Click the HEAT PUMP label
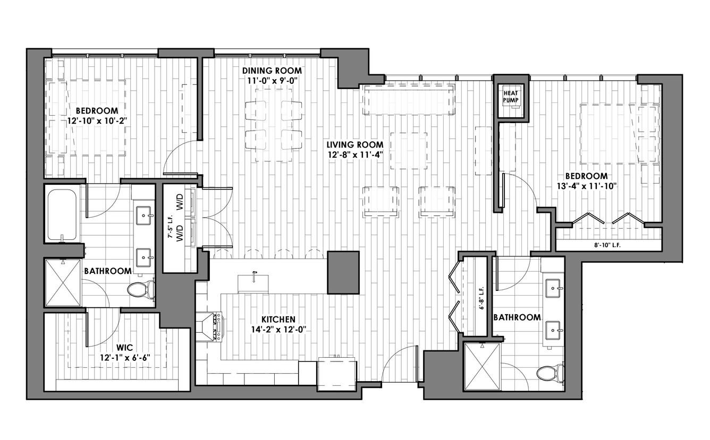click(511, 97)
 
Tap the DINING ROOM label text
click(272, 71)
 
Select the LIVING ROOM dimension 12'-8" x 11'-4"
click(356, 155)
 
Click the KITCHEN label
click(278, 319)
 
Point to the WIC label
click(124, 348)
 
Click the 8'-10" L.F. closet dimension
click(607, 245)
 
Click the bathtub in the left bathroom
click(62, 214)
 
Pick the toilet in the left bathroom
click(141, 289)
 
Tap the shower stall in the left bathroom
click(63, 283)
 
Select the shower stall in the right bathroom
click(482, 366)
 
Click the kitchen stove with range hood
click(209, 326)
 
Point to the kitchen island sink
click(253, 283)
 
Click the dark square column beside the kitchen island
click(343, 273)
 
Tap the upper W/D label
click(180, 202)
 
